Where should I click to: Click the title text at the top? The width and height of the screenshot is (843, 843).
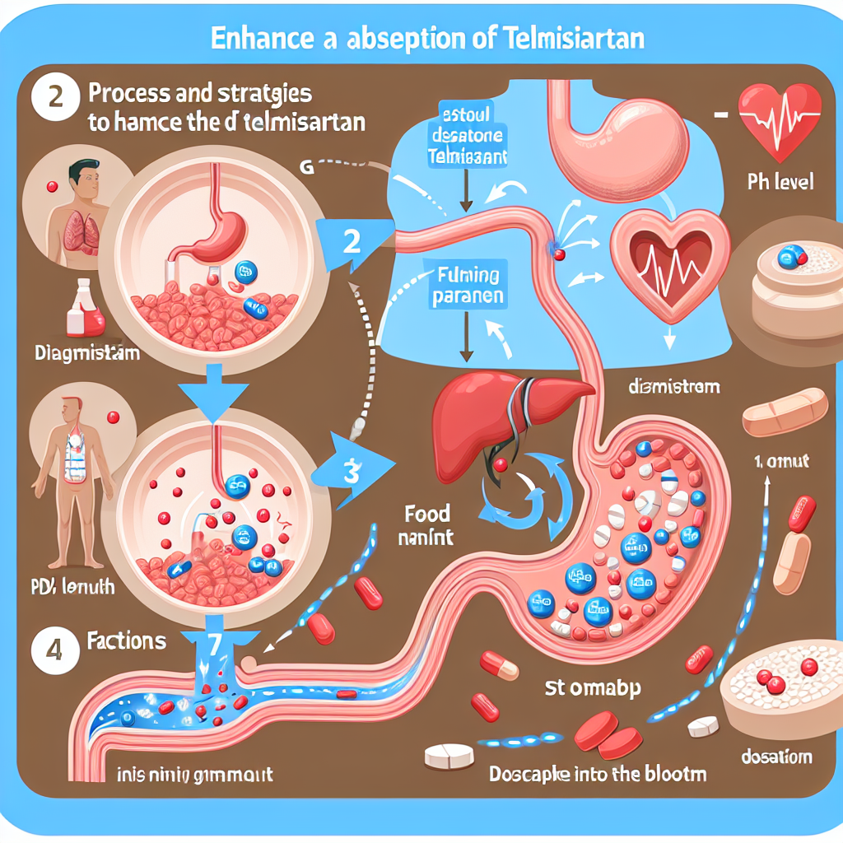[421, 39]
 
